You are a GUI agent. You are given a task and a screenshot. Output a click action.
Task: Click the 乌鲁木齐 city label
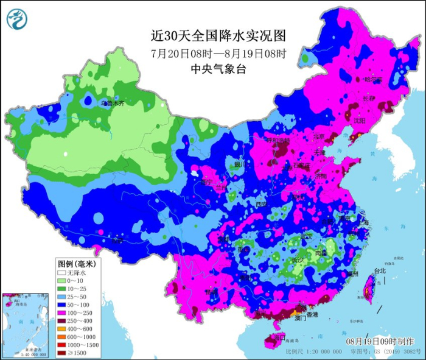click(x=113, y=104)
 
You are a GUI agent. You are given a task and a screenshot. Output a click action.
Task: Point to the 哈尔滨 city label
click(x=372, y=80)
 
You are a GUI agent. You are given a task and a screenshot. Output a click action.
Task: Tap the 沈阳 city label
click(x=359, y=121)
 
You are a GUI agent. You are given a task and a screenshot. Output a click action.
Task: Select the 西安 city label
click(x=261, y=203)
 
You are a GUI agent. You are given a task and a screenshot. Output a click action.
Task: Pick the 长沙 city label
click(x=298, y=260)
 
